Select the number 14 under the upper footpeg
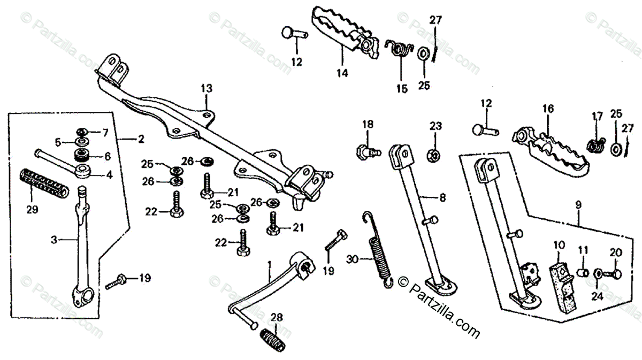pyautogui.click(x=342, y=73)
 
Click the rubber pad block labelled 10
pyautogui.click(x=561, y=284)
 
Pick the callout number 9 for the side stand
pyautogui.click(x=579, y=204)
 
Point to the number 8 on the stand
pyautogui.click(x=442, y=197)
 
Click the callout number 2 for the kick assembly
pyautogui.click(x=141, y=140)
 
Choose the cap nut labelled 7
pyautogui.click(x=82, y=131)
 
